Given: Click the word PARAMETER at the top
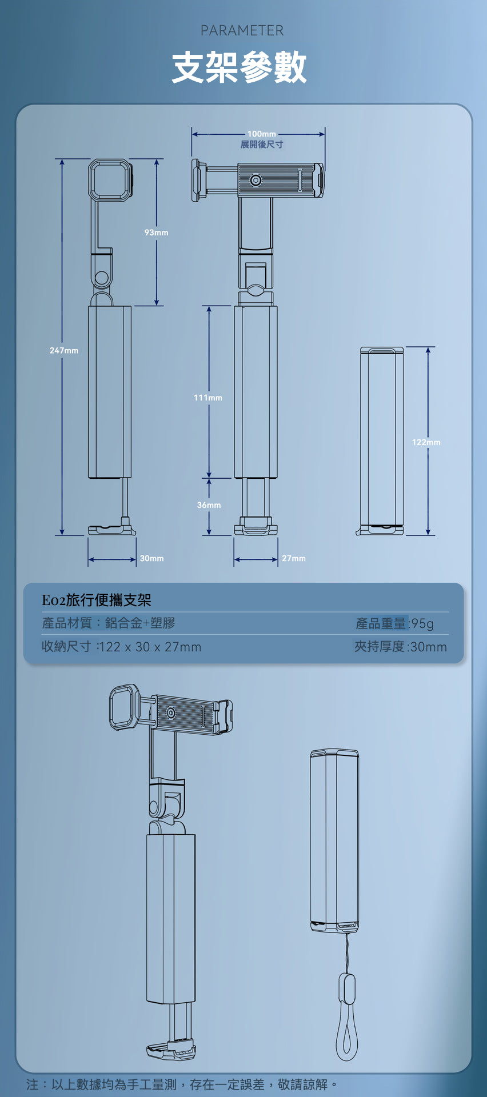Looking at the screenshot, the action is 242,30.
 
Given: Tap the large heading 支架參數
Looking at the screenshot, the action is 239,67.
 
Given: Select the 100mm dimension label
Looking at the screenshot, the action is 262,134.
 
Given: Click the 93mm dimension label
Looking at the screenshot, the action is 157,233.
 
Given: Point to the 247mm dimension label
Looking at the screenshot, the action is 64,350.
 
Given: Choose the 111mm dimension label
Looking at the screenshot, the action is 208,398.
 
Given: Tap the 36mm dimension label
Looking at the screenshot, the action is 209,505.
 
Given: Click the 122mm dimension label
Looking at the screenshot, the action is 426,442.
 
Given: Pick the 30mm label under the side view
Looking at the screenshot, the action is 152,558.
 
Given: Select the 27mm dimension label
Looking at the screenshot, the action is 294,558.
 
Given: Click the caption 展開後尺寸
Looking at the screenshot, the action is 262,145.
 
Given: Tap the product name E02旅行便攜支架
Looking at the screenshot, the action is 97,600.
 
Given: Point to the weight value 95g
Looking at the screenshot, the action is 422,623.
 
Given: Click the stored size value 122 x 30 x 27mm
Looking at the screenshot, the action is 150,647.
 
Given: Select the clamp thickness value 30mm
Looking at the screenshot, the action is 428,647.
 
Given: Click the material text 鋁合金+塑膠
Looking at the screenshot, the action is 140,623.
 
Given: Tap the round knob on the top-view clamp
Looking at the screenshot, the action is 256,181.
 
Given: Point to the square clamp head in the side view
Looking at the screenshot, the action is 109,180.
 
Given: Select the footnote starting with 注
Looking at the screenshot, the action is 182,1084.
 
